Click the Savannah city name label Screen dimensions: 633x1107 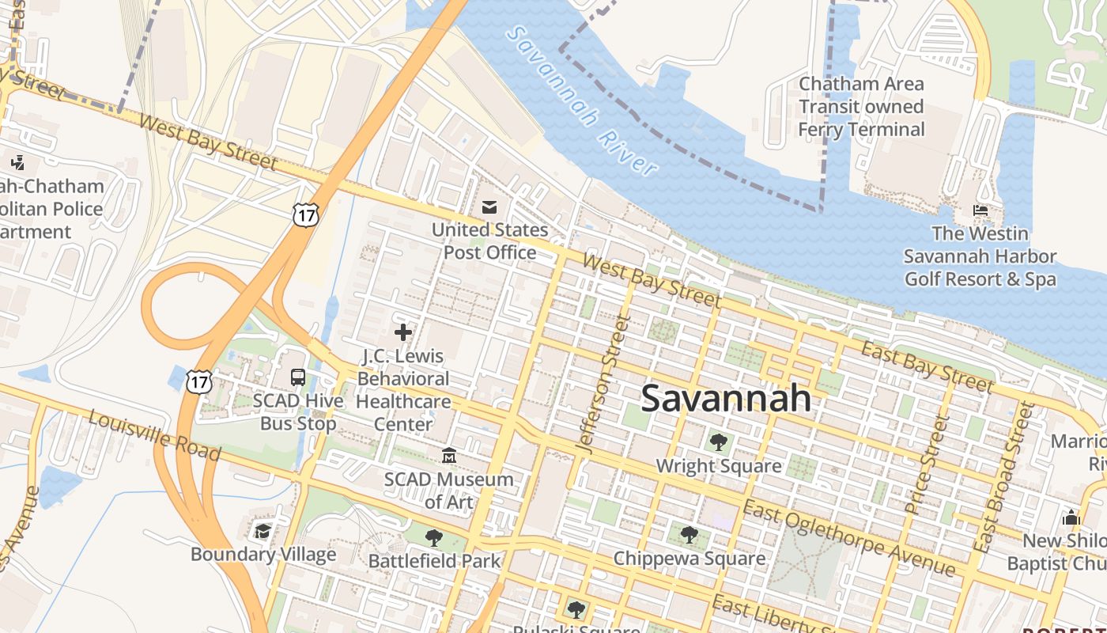click(x=726, y=398)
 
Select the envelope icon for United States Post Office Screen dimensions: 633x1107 click(x=489, y=207)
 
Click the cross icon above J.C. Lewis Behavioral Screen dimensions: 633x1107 click(x=403, y=332)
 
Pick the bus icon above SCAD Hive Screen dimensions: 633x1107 click(x=298, y=377)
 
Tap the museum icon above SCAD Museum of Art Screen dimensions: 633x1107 click(x=449, y=456)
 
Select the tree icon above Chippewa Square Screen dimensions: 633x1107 click(x=689, y=535)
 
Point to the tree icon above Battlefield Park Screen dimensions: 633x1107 click(x=433, y=538)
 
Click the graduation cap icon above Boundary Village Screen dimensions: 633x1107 click(x=263, y=531)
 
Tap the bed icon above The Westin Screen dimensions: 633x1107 click(x=980, y=210)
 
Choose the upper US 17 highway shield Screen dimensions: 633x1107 click(x=304, y=214)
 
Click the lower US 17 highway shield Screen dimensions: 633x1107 click(x=199, y=381)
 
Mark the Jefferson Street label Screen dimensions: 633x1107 click(x=603, y=384)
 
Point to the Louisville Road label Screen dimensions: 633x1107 click(x=154, y=435)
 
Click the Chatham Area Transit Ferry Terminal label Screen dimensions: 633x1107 click(x=861, y=106)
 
